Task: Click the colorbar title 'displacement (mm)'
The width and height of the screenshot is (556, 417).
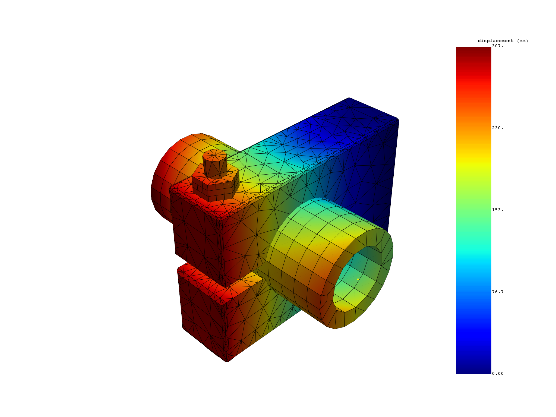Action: click(x=503, y=41)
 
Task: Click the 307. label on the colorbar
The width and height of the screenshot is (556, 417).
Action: click(x=498, y=46)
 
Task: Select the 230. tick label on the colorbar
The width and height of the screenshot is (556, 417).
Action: click(x=498, y=128)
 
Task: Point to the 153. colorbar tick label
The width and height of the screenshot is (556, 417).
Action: click(x=498, y=210)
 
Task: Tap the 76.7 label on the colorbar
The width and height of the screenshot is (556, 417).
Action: click(x=498, y=292)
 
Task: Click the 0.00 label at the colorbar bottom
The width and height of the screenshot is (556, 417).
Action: click(x=498, y=374)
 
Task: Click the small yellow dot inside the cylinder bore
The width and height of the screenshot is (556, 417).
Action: click(x=358, y=279)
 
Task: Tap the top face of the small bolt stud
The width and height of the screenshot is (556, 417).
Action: click(x=214, y=155)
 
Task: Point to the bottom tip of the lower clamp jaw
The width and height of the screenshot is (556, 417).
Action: click(x=227, y=361)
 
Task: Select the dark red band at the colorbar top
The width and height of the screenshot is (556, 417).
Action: click(x=473, y=54)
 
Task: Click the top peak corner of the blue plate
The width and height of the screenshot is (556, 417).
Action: click(x=349, y=98)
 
